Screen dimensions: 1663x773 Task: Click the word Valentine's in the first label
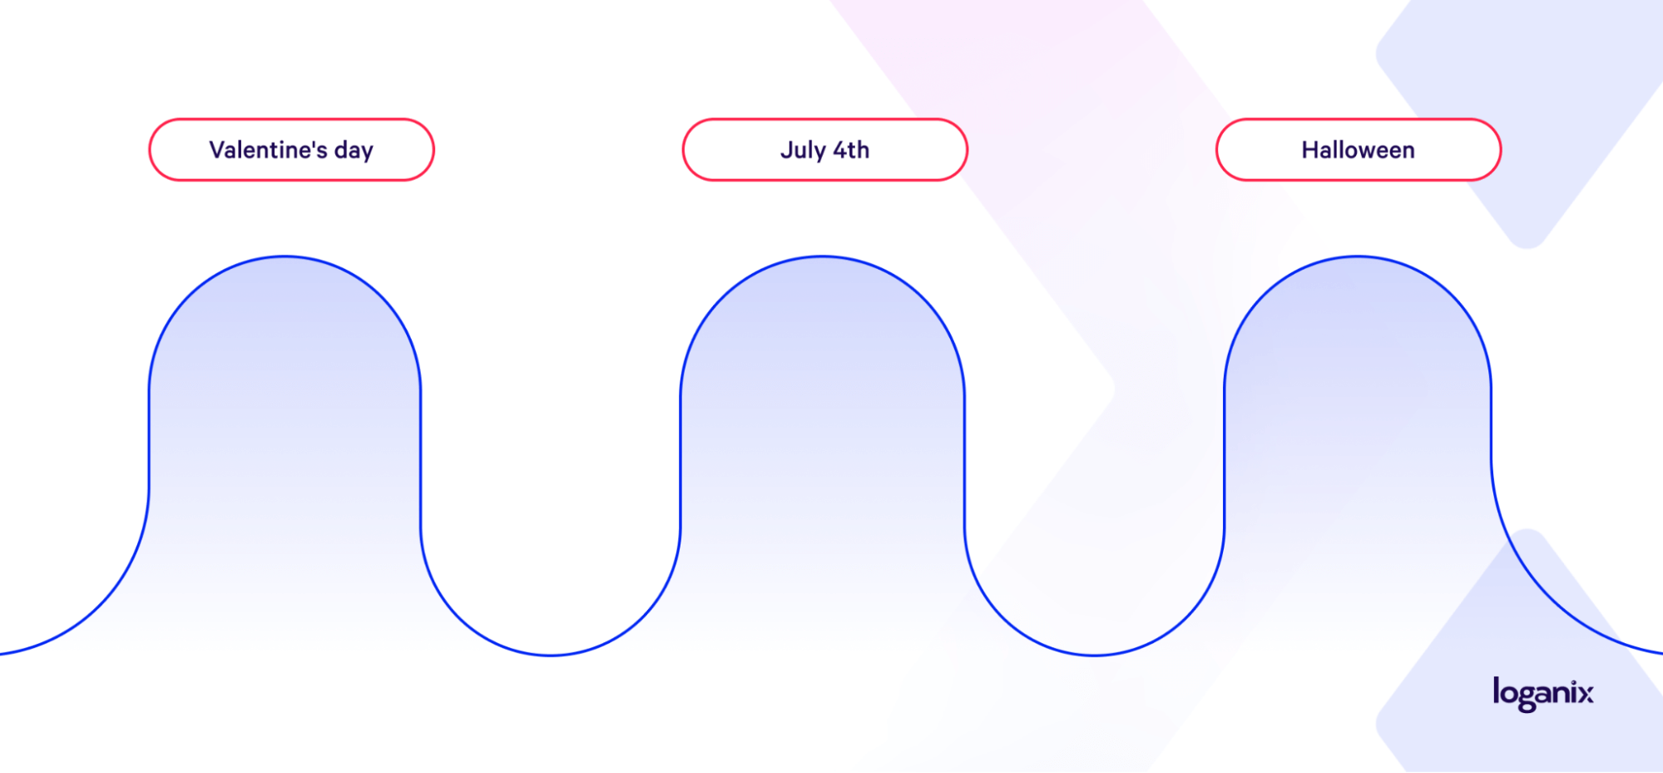pos(268,150)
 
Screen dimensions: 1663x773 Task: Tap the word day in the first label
pos(354,151)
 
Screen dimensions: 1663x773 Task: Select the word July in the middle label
pos(803,151)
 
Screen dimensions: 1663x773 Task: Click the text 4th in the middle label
pos(851,150)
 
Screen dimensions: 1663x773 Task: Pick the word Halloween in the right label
pos(1358,150)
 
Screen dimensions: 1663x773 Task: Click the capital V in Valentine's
pos(218,150)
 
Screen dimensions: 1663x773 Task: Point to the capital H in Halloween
pos(1310,150)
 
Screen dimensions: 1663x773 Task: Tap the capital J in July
pos(786,150)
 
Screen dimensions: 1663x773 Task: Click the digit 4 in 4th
pos(840,150)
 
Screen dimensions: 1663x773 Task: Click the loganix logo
pos(1543,694)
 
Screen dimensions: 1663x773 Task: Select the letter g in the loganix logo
pos(1526,698)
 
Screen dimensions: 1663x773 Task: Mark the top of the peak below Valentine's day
pos(285,257)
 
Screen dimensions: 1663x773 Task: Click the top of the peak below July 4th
pos(822,257)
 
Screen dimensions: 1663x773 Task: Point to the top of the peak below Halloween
pos(1358,257)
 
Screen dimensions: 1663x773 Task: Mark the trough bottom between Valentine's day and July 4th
pos(551,656)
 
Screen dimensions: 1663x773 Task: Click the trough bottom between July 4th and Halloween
pos(1095,656)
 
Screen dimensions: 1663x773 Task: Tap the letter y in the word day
pos(366,154)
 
